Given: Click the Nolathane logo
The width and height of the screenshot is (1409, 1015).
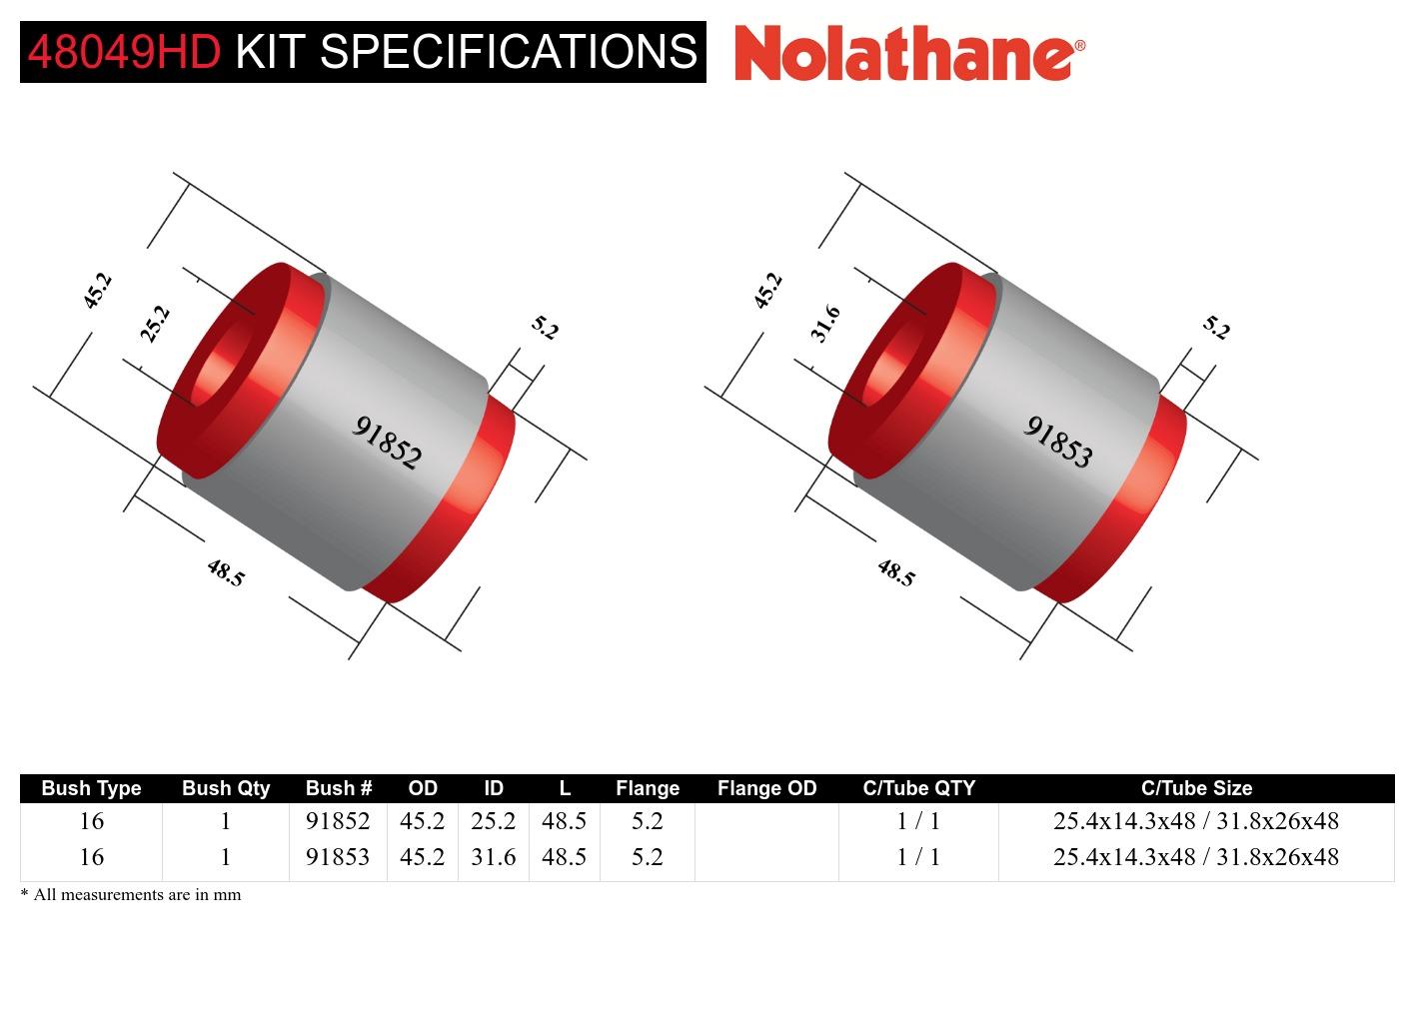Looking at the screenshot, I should coord(908,53).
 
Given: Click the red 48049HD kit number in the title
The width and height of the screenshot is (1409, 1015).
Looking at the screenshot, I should coord(124,52).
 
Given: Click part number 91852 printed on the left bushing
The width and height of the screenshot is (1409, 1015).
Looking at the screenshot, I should coord(388,443).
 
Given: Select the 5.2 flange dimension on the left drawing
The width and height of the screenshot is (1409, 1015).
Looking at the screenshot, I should coord(545,328).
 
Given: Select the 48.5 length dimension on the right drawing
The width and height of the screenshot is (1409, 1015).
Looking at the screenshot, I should coord(896,572).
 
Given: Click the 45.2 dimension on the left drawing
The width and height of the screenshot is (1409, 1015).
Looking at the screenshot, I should coord(97,291).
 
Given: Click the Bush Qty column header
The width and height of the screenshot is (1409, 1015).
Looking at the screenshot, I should coord(226,788).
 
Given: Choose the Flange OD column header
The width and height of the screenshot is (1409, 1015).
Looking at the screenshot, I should coord(766,788).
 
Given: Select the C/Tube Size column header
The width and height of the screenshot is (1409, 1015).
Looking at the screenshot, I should coord(1196,788).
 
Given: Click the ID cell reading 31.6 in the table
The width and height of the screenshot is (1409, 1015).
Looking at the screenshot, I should coord(494,857).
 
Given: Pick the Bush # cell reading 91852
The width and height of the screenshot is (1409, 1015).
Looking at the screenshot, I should coord(338,821).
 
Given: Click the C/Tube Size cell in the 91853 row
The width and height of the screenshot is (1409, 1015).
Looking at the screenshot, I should coord(1195,857).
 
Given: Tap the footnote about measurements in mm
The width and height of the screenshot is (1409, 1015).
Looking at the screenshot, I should coord(131,895).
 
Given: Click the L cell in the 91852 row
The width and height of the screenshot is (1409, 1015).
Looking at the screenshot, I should coord(564,821).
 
